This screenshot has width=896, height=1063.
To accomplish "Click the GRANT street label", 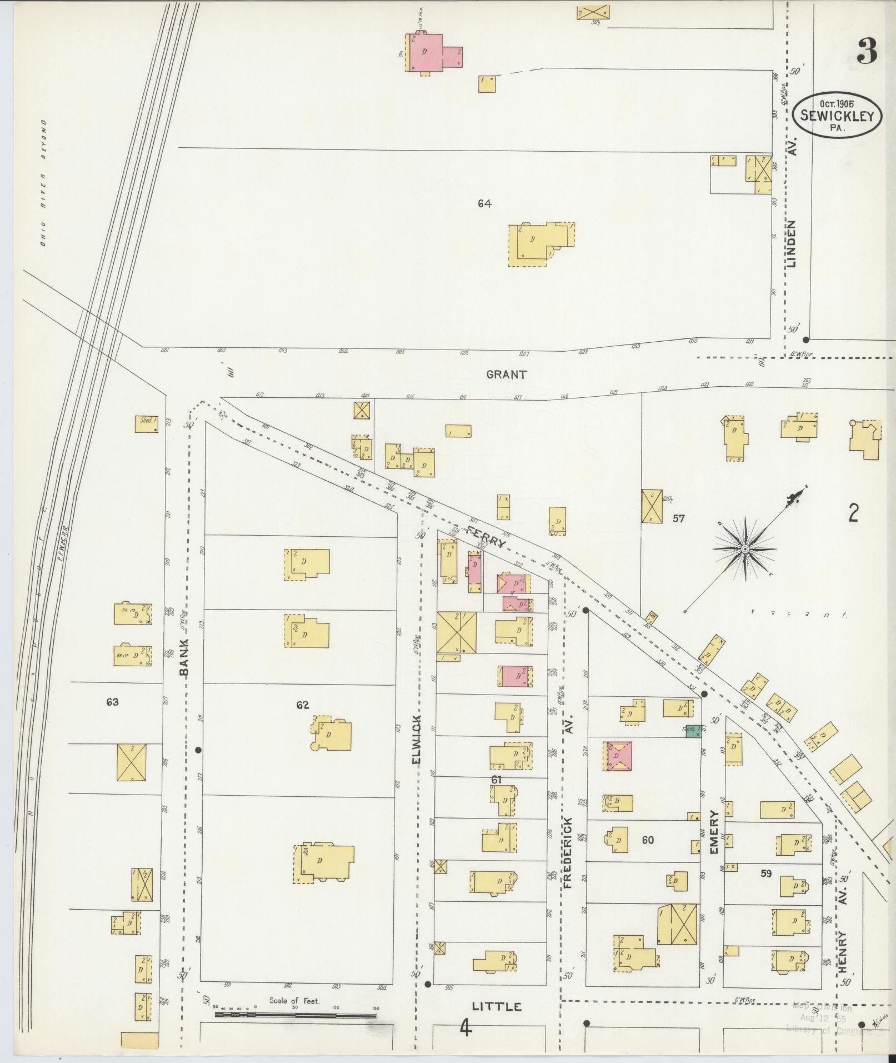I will coord(506,375).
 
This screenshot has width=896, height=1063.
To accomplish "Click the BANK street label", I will coord(185,657).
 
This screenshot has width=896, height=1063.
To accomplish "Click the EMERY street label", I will coord(714,833).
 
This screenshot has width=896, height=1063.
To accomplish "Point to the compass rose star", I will coord(744,549).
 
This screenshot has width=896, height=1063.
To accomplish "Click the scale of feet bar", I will coord(295,1015).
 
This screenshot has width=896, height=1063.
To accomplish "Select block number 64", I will coord(484,204).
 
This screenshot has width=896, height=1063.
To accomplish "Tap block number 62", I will coord(303,705).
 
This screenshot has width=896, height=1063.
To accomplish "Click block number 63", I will coord(113,702).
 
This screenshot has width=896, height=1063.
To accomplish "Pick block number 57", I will coord(678,518).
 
